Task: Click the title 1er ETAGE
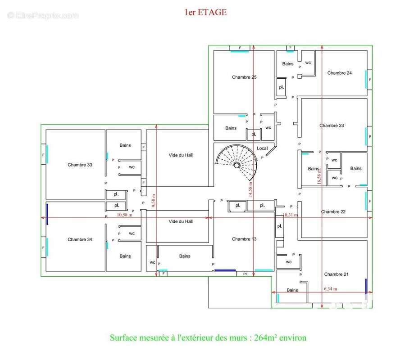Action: pos(205,13)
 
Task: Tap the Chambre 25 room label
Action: pos(244,77)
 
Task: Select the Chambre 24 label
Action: pos(339,73)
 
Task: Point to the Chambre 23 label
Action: pos(332,126)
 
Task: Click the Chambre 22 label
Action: pos(333,212)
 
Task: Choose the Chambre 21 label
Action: pos(336,274)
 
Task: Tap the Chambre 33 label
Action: pos(80,165)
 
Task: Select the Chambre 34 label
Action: pos(80,239)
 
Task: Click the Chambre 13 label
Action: pos(244,239)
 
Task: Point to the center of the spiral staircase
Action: pos(236,165)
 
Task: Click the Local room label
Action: pos(262,148)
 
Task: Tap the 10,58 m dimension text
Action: pos(124,215)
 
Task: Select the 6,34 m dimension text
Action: pos(330,289)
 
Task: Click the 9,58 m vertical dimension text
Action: pos(154,201)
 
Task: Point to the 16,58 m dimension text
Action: pos(319,176)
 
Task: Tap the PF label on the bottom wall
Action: pos(246,274)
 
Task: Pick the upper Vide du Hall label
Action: pos(181,155)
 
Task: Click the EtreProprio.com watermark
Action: pos(43,15)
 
